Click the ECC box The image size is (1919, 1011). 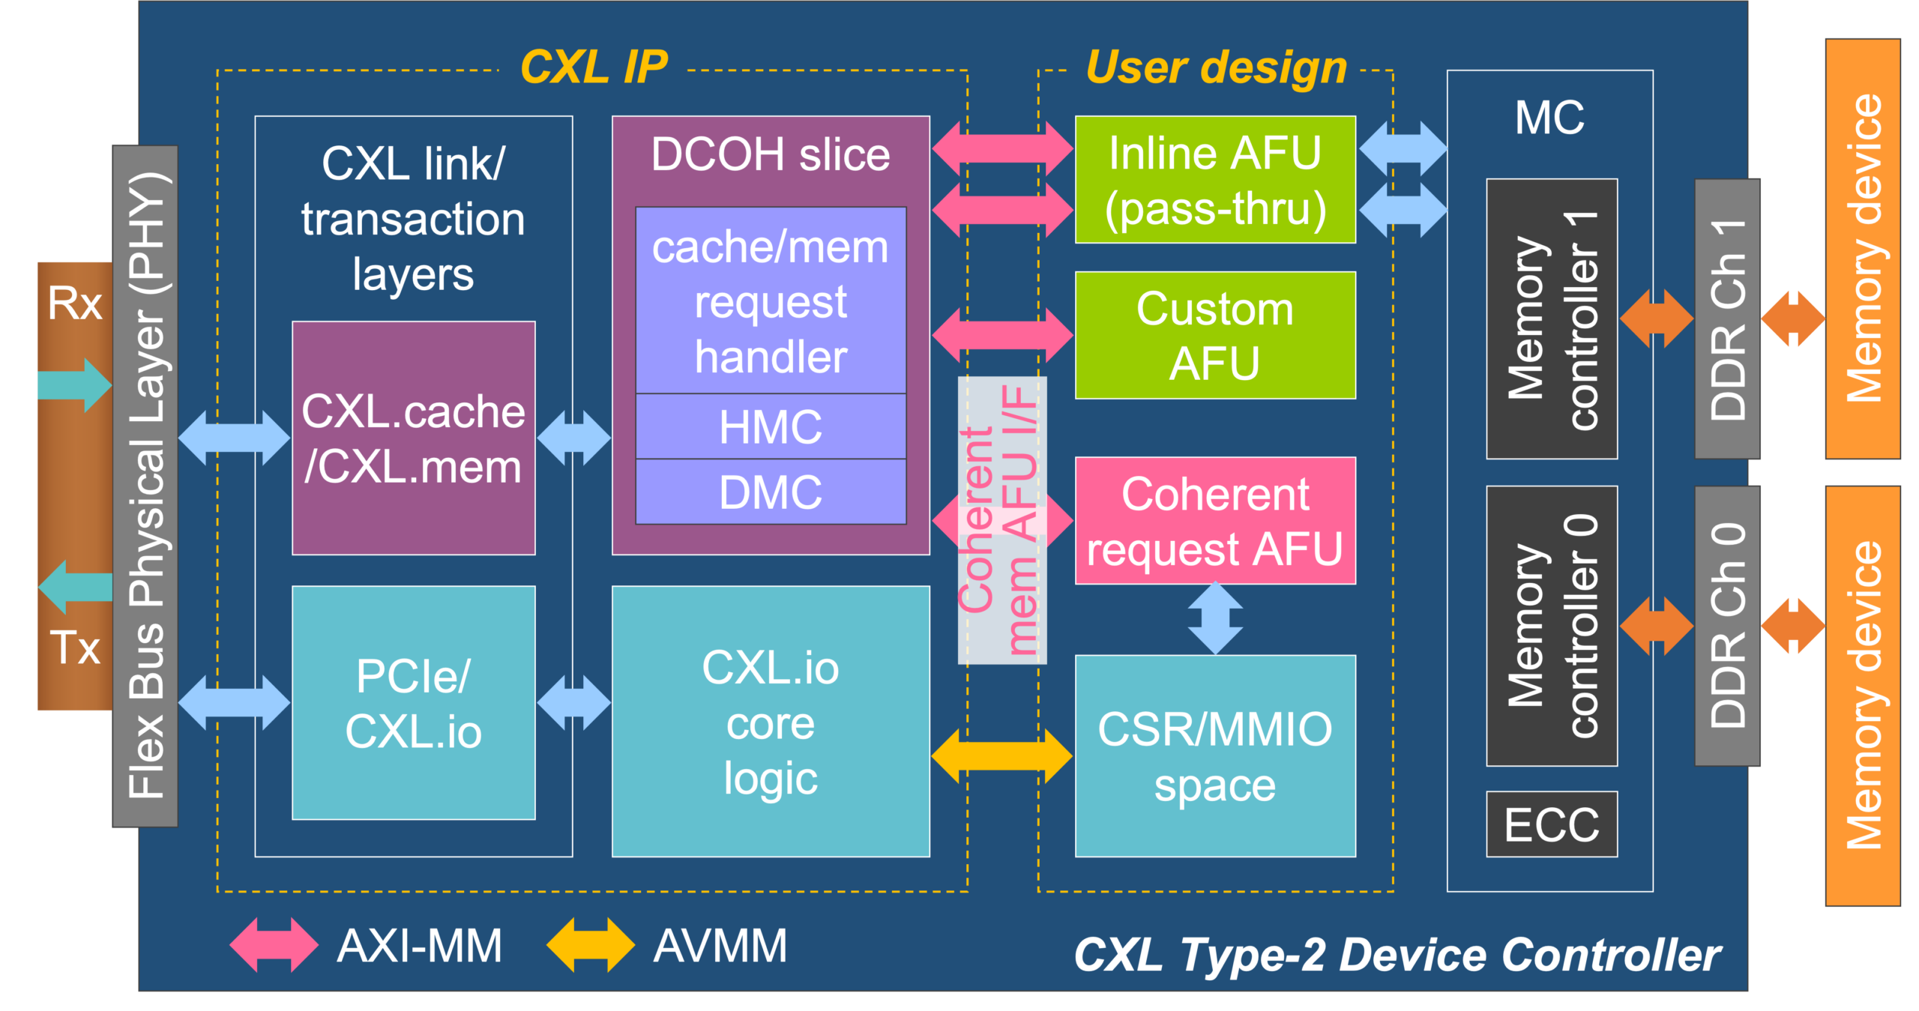[1551, 824]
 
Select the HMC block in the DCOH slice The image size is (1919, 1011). [770, 426]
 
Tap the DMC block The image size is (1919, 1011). [770, 492]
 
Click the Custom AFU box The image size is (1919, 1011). [1214, 335]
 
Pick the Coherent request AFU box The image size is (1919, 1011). [1214, 521]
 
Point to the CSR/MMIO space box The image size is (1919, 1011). [1214, 755]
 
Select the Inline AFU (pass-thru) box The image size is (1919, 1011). [1214, 180]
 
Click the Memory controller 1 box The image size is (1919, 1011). [1551, 319]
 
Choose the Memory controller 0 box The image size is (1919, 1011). [1551, 626]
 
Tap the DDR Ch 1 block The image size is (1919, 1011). [1726, 319]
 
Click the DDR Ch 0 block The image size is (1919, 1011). [1726, 626]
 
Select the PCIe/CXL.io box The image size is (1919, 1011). [413, 703]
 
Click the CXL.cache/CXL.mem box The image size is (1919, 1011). [413, 438]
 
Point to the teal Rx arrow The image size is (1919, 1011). [75, 384]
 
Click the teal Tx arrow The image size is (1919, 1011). [75, 587]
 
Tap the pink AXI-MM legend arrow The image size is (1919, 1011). [274, 945]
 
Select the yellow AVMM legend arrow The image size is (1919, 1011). [591, 945]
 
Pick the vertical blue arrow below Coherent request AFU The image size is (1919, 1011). [1214, 619]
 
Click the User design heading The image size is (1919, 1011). [1216, 67]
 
